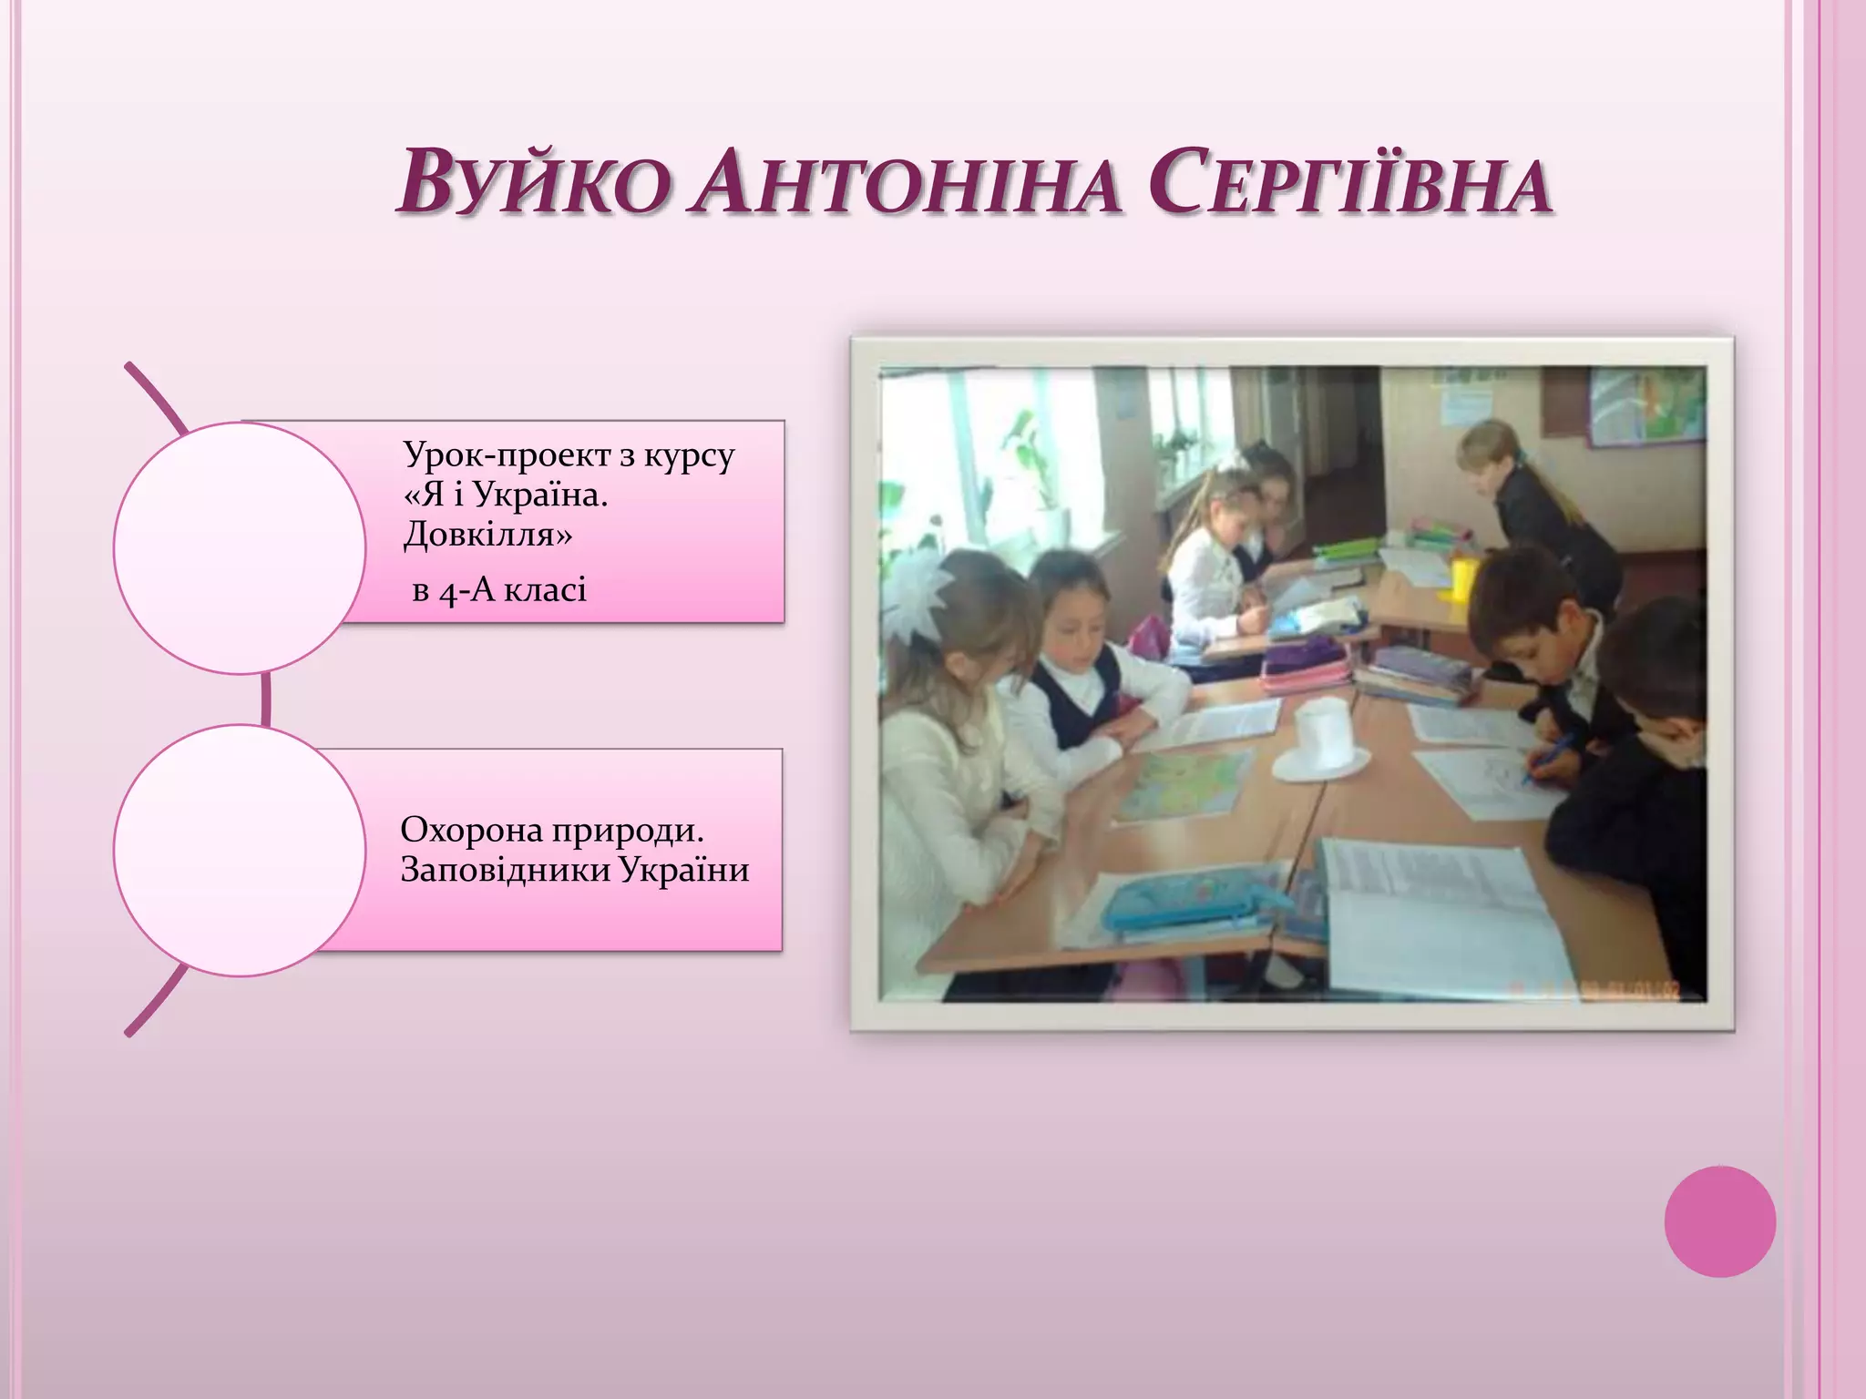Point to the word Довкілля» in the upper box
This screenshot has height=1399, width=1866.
click(x=488, y=535)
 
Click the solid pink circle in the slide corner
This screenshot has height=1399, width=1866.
click(x=1719, y=1221)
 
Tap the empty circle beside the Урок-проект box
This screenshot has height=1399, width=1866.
click(x=239, y=547)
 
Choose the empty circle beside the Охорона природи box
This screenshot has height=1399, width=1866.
click(x=239, y=850)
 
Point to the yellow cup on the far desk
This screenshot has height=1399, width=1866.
click(x=1463, y=579)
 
